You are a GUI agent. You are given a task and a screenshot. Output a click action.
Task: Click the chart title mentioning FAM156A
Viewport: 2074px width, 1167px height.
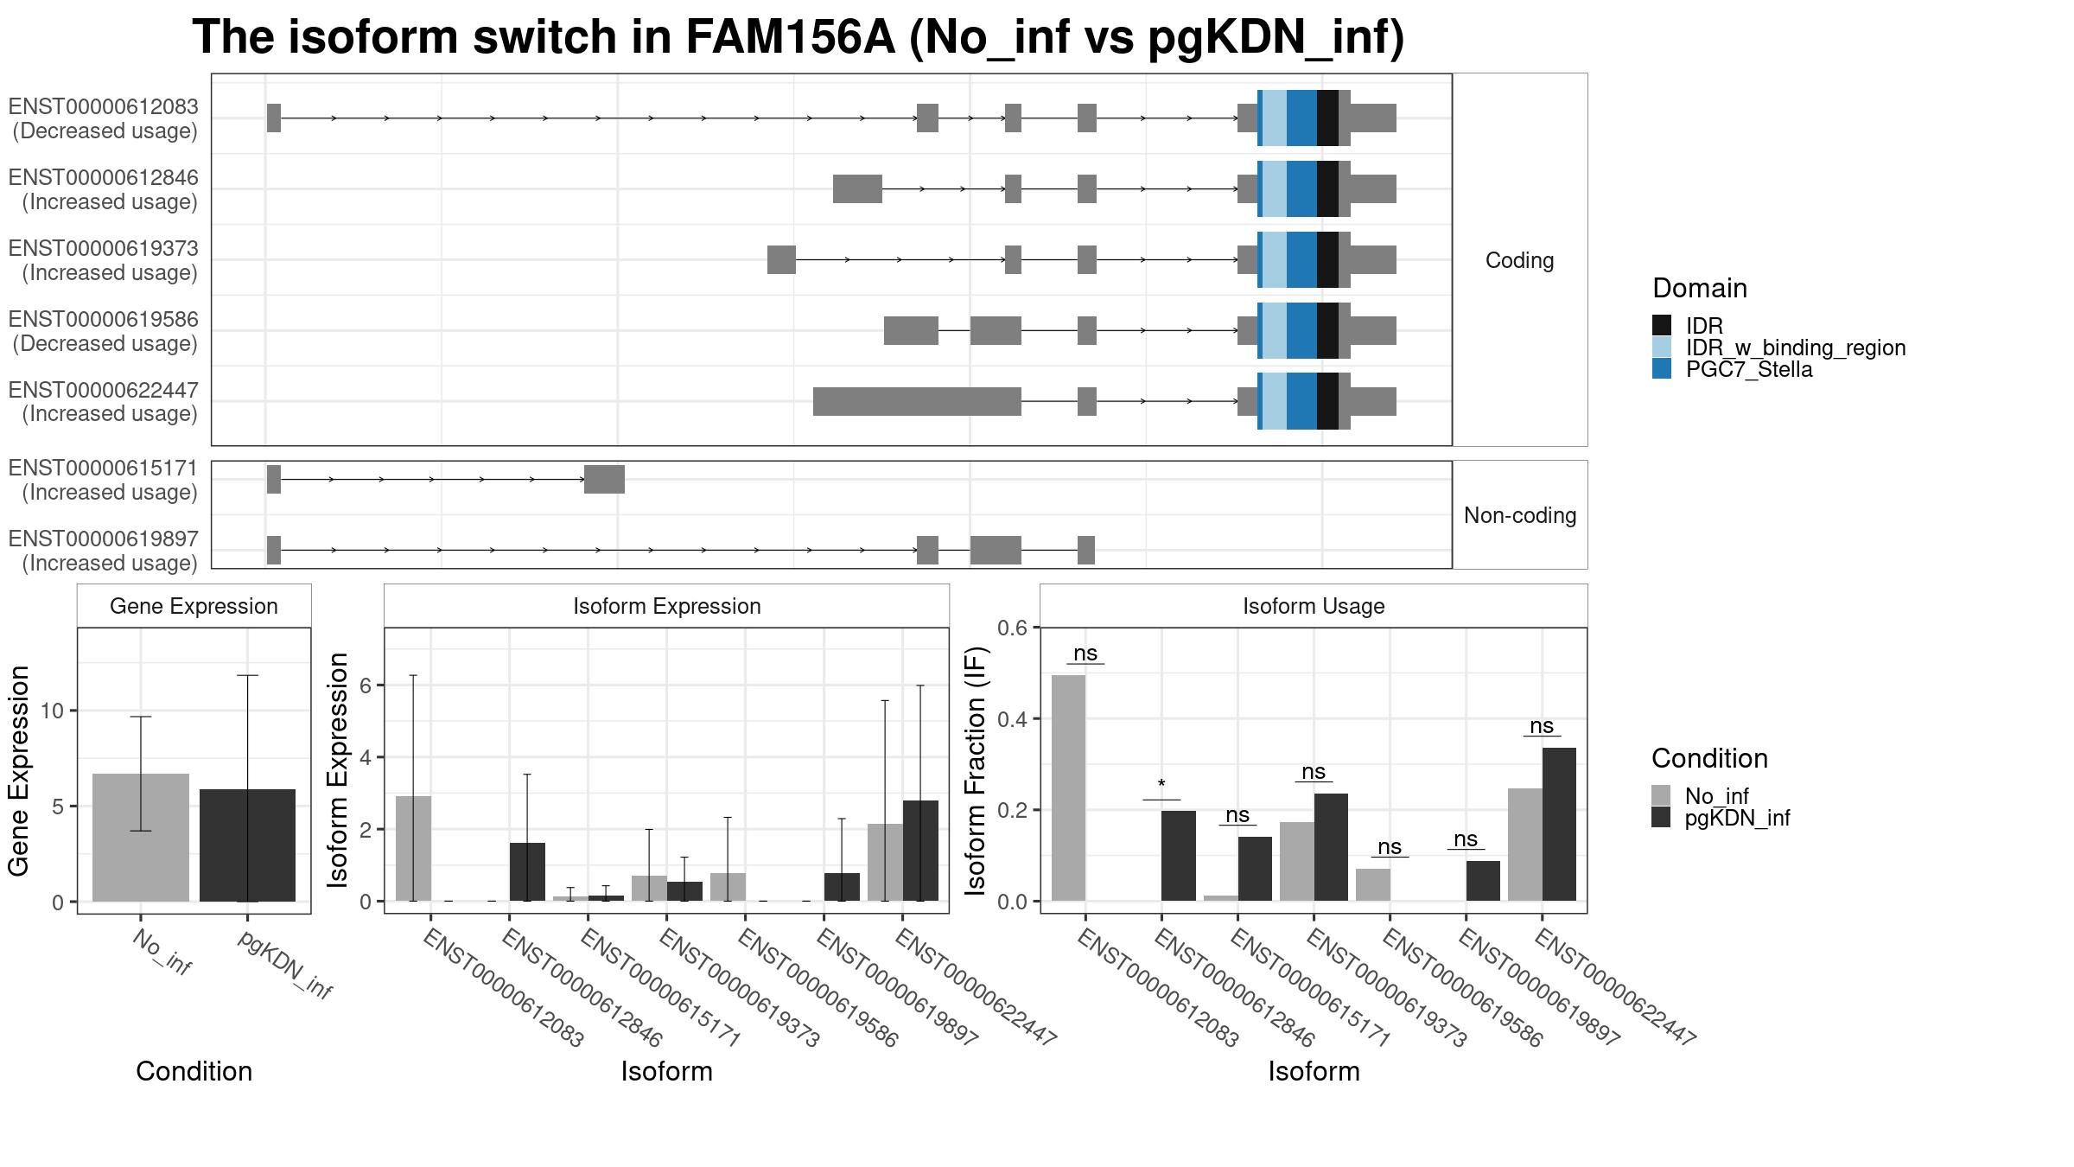(x=798, y=38)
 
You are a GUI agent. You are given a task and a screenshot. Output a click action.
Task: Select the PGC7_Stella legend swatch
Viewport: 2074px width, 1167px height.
(x=1662, y=369)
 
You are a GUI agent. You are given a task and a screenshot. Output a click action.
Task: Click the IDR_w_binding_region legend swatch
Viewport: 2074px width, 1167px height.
(x=1662, y=348)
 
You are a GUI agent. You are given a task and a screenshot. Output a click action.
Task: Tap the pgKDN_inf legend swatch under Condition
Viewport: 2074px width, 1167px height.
(x=1661, y=818)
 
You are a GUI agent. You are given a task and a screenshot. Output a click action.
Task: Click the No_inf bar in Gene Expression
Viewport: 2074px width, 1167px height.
(x=141, y=838)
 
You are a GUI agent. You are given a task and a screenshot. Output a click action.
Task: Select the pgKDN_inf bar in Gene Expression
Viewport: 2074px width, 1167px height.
(x=247, y=845)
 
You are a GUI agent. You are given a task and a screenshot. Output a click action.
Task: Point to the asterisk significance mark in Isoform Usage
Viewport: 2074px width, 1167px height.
(x=1161, y=785)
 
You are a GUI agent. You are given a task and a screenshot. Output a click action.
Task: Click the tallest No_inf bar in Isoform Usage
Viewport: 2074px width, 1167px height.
(x=1068, y=788)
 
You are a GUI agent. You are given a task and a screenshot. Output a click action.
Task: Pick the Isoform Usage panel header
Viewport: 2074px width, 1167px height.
(x=1314, y=606)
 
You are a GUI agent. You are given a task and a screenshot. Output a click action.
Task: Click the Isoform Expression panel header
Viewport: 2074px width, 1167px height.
(x=666, y=606)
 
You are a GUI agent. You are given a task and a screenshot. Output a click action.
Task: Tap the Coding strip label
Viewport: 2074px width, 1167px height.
(x=1519, y=260)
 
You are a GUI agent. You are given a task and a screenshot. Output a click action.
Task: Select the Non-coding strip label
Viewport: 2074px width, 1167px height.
(x=1519, y=515)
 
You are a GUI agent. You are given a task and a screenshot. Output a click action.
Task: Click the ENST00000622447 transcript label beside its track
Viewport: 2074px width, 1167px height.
(x=104, y=402)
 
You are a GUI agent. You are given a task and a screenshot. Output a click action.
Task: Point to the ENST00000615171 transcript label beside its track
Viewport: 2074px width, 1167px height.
(x=104, y=480)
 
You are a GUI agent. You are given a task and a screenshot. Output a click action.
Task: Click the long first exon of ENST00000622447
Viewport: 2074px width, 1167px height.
(x=917, y=401)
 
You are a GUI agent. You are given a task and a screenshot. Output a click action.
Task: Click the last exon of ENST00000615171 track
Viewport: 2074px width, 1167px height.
(x=604, y=479)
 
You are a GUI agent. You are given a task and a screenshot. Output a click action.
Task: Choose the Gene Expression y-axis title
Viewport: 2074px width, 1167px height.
(x=19, y=770)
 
